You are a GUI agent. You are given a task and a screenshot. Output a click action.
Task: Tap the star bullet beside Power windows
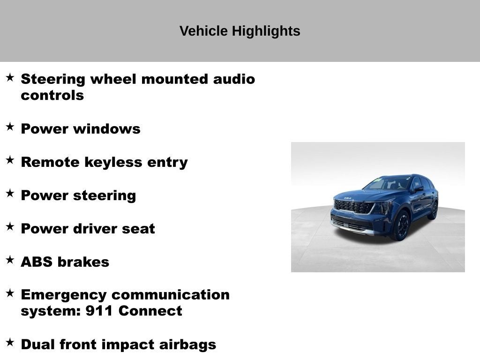(10, 127)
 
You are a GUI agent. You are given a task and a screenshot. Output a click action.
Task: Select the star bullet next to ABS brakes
(10, 260)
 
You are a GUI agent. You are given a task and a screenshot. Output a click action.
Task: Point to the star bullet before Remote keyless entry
(10, 160)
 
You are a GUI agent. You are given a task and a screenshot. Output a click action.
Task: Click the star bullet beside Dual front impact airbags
(10, 343)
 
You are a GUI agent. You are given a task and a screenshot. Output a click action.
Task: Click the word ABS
(36, 262)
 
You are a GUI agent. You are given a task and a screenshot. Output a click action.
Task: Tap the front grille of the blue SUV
(353, 207)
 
